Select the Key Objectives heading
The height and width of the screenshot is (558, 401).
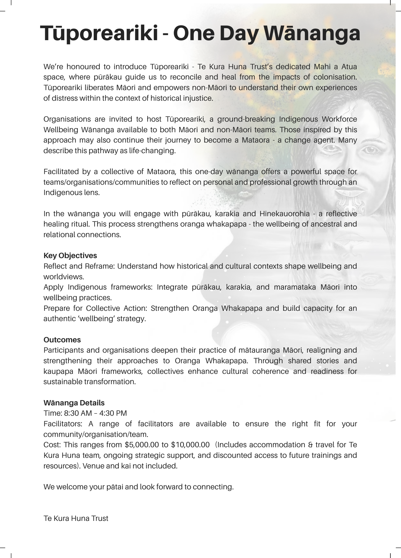point(70,256)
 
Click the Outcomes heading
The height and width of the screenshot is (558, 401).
point(62,340)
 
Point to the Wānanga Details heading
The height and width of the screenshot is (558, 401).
point(74,403)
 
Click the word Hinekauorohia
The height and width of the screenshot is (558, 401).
point(284,214)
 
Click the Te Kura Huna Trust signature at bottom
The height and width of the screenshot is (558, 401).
point(76,518)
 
